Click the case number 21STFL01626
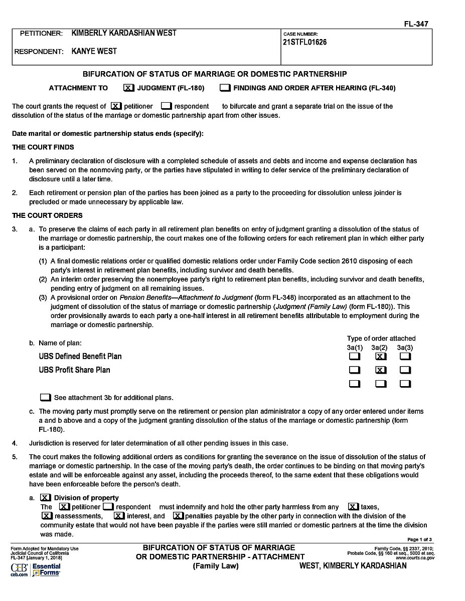(304, 43)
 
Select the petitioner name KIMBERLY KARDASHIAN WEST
(124, 33)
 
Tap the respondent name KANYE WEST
(94, 51)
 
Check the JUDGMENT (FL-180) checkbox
(128, 88)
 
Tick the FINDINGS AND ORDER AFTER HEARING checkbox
(225, 88)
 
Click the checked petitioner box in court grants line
(116, 106)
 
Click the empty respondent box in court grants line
(167, 106)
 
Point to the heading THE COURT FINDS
(43, 147)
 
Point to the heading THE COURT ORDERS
(47, 215)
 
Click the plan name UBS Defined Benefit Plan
(80, 357)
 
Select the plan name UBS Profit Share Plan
(74, 370)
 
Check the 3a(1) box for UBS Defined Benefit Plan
(355, 357)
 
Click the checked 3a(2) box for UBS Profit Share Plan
(381, 371)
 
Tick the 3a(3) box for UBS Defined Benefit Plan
(406, 357)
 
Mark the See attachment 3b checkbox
(46, 398)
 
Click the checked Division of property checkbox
(46, 498)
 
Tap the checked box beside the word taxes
(353, 507)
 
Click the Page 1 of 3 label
(419, 539)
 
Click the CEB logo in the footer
(19, 568)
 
